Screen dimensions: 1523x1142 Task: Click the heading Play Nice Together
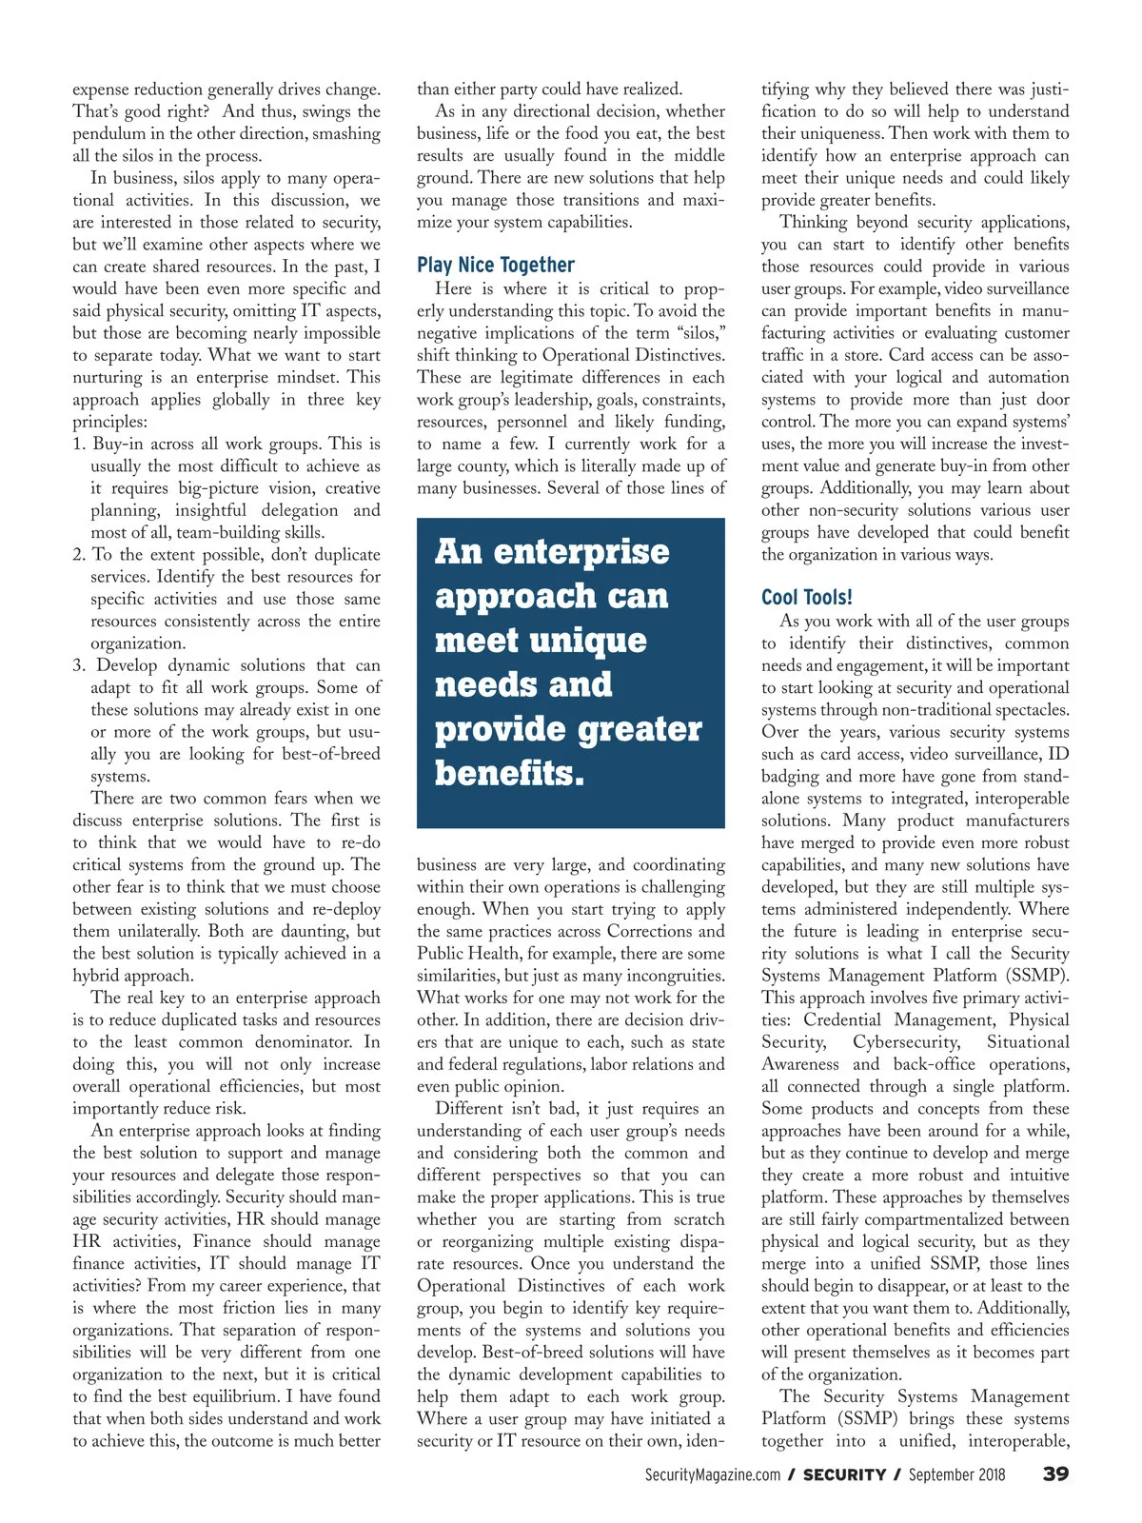click(496, 265)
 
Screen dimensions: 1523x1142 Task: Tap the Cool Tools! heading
click(807, 597)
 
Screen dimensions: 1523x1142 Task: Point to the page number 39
click(1055, 1474)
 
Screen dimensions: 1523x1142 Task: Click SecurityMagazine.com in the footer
click(713, 1474)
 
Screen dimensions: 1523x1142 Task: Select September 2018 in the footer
click(956, 1474)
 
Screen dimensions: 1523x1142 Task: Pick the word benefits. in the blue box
click(509, 773)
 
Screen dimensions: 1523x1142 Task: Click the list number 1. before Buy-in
click(79, 444)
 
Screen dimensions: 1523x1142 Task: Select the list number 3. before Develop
click(79, 665)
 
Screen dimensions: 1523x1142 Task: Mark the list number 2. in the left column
click(79, 555)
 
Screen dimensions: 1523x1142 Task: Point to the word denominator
click(304, 1042)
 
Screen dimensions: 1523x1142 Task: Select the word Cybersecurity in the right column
click(906, 1042)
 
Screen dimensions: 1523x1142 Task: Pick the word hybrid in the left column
click(97, 976)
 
